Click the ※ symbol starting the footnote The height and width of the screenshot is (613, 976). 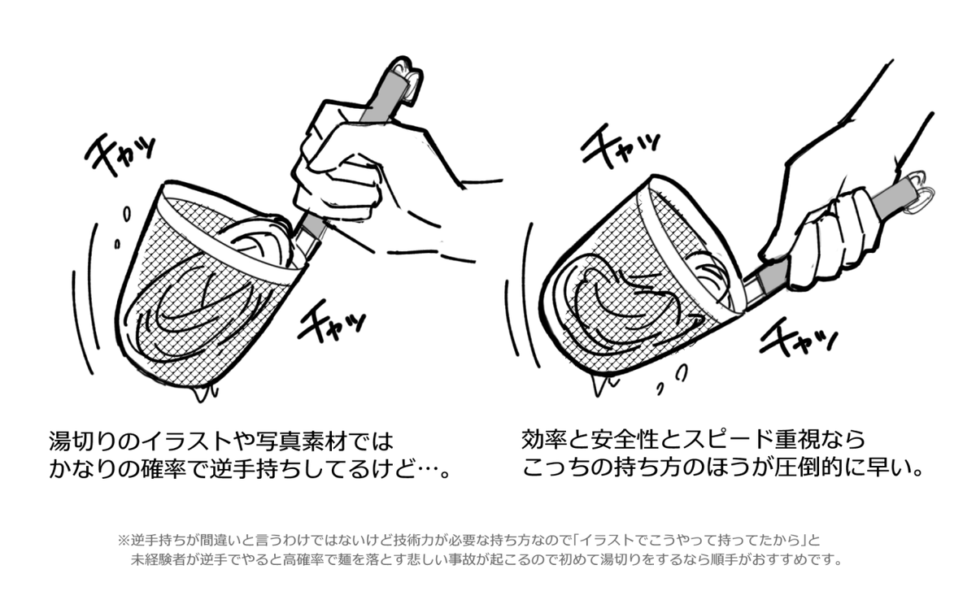(124, 540)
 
